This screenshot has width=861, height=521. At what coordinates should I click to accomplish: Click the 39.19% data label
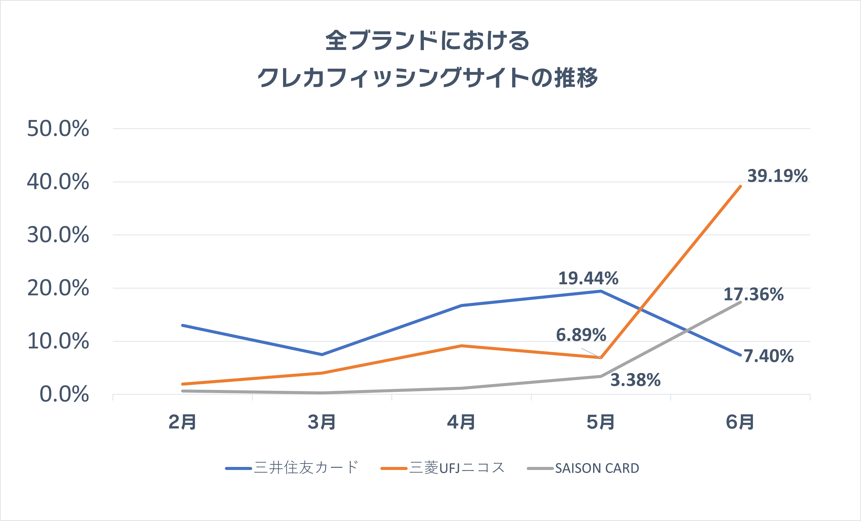[777, 176]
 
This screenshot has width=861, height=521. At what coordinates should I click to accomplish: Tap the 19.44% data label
[588, 278]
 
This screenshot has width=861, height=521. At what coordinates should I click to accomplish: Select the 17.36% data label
[754, 294]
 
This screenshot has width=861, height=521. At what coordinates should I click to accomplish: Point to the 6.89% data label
[581, 335]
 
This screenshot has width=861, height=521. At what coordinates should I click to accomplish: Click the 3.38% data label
[635, 380]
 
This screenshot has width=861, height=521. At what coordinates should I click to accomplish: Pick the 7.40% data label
[768, 356]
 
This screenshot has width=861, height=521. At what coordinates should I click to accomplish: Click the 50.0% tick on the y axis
[58, 129]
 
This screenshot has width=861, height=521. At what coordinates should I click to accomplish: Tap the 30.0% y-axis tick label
[58, 235]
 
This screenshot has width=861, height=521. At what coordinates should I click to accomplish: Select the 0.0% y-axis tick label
[64, 394]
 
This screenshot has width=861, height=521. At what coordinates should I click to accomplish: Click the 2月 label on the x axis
[182, 422]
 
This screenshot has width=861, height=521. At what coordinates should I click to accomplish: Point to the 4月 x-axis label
[461, 422]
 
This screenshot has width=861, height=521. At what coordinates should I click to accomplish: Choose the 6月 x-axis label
[740, 422]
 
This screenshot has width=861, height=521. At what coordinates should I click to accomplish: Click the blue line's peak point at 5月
[601, 291]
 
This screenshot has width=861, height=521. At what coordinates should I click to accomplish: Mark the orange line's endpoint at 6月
[740, 186]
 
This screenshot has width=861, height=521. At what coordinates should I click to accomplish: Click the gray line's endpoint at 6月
[740, 302]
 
